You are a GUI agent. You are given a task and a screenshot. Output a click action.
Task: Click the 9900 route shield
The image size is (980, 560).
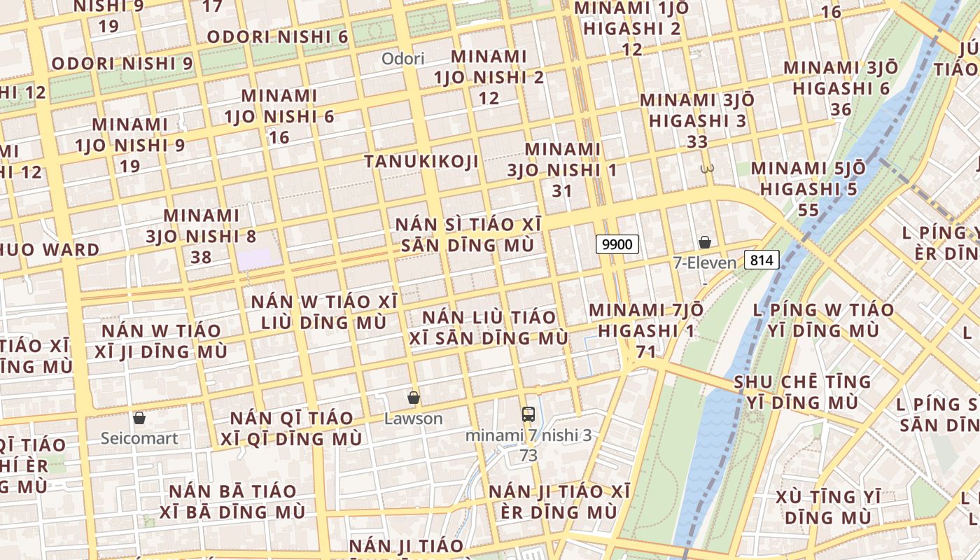tap(617, 244)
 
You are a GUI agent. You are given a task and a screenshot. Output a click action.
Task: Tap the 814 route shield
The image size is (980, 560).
tap(762, 260)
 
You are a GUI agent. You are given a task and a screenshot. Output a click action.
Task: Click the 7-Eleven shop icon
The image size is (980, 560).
tap(705, 242)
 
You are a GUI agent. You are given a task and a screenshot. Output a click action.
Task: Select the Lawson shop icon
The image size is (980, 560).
tap(414, 398)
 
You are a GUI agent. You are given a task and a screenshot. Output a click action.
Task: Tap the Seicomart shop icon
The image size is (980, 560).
tap(139, 418)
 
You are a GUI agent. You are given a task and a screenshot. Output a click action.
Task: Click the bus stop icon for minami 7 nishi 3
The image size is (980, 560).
tap(528, 414)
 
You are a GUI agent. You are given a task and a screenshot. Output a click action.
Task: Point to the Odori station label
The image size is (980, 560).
tap(402, 59)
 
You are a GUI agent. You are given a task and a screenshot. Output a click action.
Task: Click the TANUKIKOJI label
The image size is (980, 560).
tap(421, 162)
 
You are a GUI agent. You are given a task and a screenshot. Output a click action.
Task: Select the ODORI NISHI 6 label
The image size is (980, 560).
tap(277, 36)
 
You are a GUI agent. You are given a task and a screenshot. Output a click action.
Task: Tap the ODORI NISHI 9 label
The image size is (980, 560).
tap(122, 63)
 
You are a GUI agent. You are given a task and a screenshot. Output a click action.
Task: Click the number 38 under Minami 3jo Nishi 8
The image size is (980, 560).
tap(201, 258)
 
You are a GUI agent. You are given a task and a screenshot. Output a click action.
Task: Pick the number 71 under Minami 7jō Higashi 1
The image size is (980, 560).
tap(645, 351)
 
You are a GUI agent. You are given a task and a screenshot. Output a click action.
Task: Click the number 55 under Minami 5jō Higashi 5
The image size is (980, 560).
tap(808, 211)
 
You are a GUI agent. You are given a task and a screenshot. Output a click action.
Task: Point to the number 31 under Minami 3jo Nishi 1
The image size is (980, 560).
tap(562, 191)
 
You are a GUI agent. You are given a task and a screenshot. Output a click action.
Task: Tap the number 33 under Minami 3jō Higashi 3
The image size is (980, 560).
tap(697, 142)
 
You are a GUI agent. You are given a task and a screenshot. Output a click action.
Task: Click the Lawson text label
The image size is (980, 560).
tap(414, 419)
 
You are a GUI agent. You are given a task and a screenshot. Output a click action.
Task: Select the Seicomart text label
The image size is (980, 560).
tap(139, 438)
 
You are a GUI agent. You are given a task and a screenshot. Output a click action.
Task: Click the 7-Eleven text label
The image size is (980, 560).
tap(705, 263)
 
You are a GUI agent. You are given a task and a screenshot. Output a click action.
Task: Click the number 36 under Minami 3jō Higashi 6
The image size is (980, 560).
tap(841, 110)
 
